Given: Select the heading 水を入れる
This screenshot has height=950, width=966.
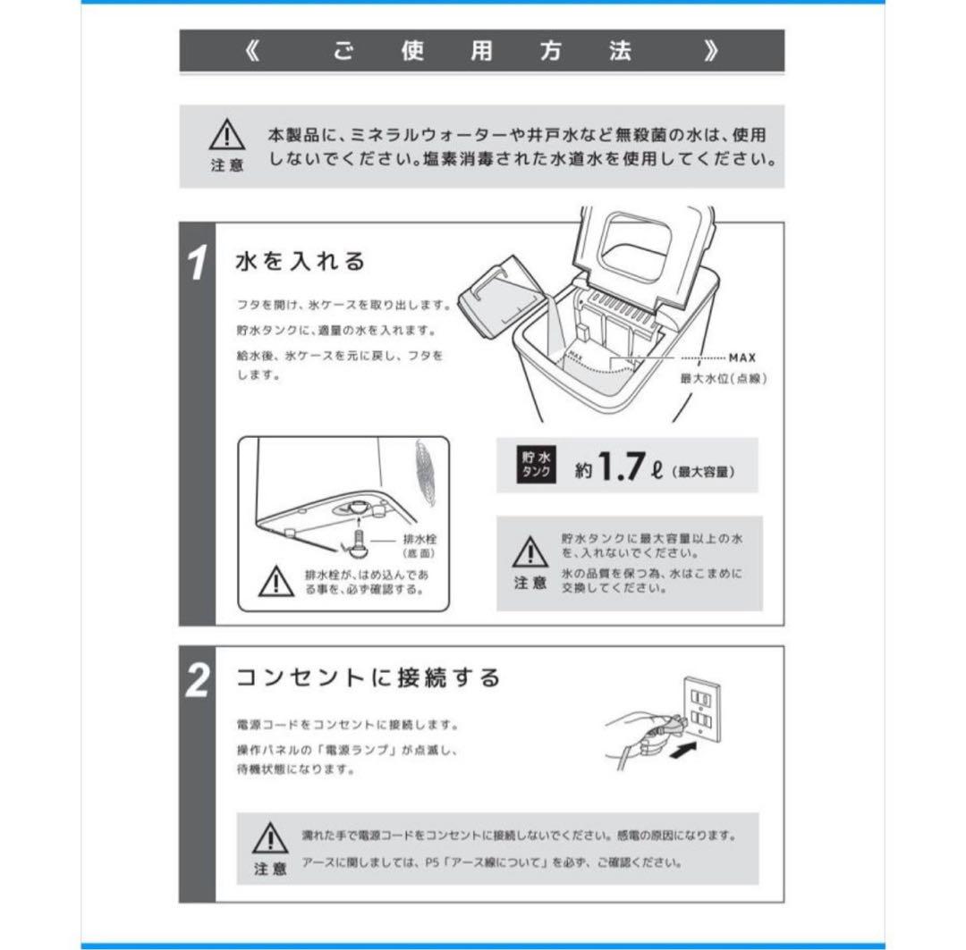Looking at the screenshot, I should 301,262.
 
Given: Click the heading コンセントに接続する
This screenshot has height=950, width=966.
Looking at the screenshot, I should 367,677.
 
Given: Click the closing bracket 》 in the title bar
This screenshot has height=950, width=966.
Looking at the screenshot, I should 711,51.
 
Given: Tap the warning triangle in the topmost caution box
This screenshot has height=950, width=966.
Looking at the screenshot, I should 226,137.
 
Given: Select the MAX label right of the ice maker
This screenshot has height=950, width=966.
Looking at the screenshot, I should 741,357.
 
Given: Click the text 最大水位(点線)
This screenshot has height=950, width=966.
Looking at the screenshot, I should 724,378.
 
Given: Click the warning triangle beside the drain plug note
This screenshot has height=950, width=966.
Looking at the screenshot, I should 275,582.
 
